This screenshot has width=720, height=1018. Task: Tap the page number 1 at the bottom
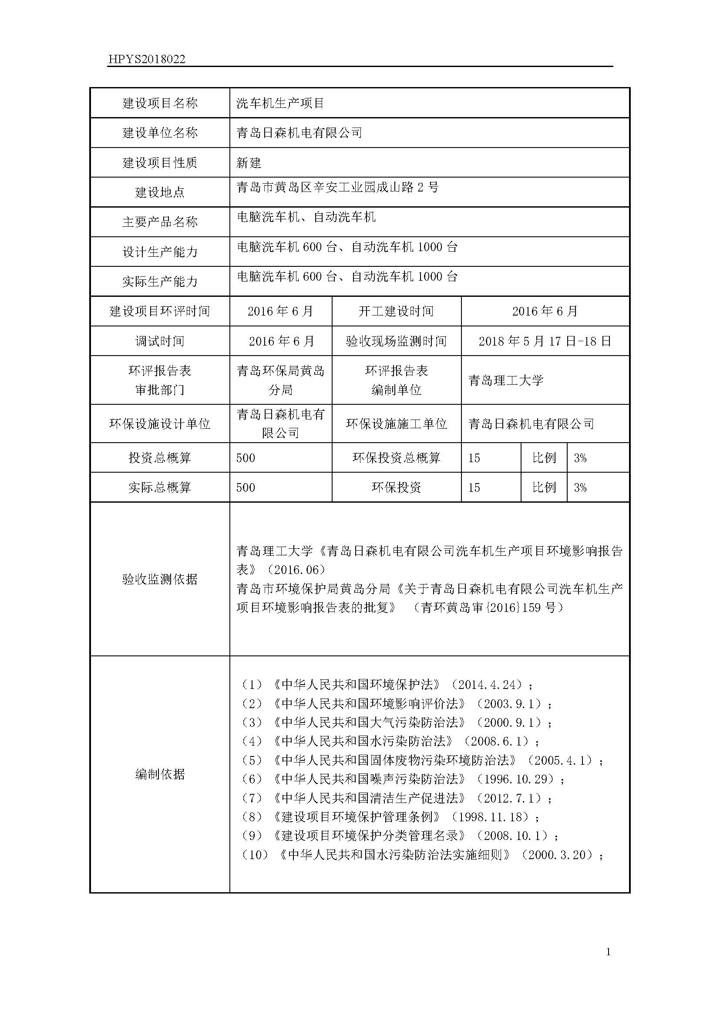pos(608,951)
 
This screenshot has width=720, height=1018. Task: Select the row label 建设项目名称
pos(160,103)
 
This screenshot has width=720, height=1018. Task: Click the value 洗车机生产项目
pos(280,103)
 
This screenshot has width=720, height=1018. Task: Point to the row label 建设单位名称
pos(160,133)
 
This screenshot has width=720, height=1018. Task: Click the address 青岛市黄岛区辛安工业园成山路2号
pos(337,188)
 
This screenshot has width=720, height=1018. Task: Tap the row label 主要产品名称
pos(160,222)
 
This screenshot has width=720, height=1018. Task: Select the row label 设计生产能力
pos(160,252)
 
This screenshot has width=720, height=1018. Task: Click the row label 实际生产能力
pos(160,282)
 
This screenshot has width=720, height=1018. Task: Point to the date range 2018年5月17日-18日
pos(545,341)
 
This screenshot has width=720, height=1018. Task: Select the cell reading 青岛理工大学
pos(506,380)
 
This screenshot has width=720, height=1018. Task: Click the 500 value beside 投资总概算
pos(246,457)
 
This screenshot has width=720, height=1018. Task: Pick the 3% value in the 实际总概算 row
pos(580,488)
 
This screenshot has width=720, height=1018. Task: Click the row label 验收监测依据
pos(160,579)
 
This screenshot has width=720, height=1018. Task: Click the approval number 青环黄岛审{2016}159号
pos(488,608)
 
